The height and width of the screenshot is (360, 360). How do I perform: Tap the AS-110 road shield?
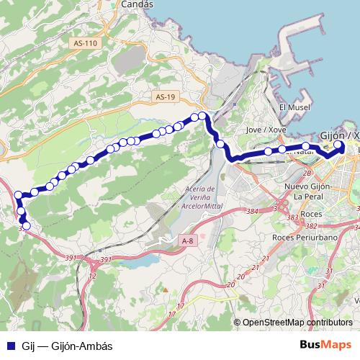[85, 44]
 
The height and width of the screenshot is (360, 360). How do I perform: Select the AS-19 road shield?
[165, 96]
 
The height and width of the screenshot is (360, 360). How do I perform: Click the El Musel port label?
[293, 107]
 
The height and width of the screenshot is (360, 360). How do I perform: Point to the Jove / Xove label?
[262, 130]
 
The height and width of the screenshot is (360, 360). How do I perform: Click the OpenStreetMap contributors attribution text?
[297, 323]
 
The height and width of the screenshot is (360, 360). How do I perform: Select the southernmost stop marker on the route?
[27, 226]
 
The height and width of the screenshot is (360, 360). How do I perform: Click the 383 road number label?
[292, 217]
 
